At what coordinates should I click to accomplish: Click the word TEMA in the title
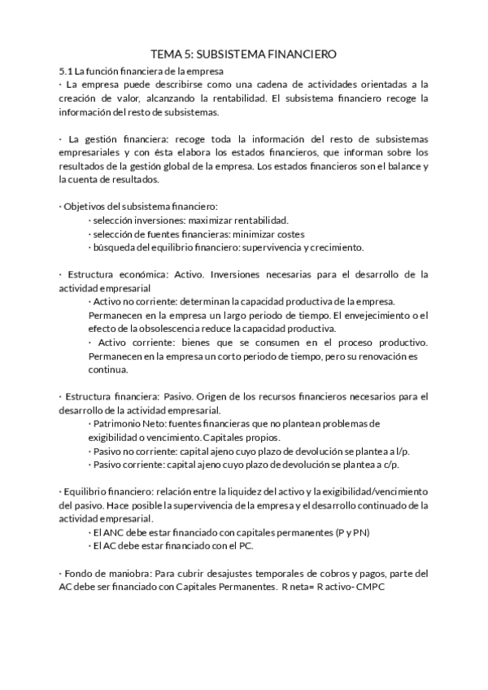click(168, 54)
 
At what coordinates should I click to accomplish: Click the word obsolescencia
click(155, 329)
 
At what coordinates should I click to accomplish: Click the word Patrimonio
click(120, 424)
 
